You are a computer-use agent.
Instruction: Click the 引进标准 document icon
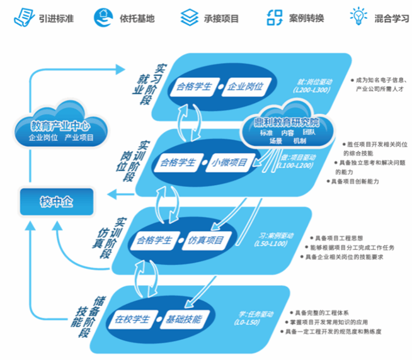(x=24, y=16)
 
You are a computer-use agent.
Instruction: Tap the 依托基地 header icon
(x=103, y=16)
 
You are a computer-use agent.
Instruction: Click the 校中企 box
(x=57, y=201)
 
